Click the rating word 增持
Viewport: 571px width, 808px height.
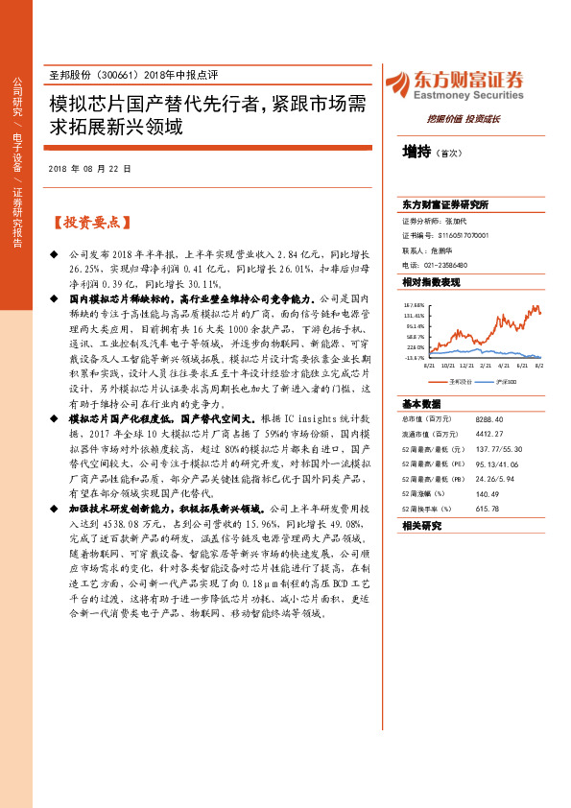tap(416, 151)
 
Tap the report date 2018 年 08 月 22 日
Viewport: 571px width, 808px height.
tap(89, 169)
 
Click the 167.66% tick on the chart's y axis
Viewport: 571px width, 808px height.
tap(415, 305)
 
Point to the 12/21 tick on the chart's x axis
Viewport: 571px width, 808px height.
tap(466, 366)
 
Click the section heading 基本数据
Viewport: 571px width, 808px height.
tap(420, 404)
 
